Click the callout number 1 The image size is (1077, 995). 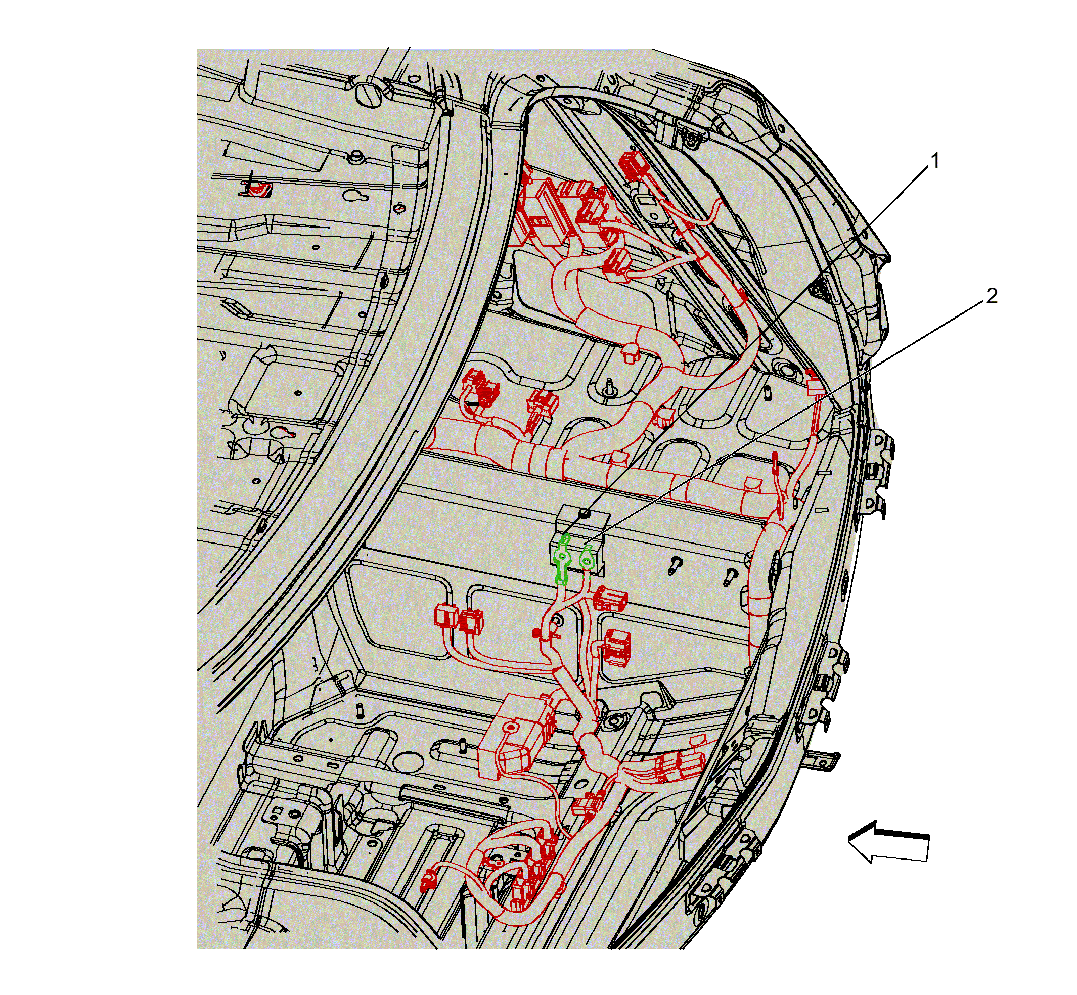[935, 161]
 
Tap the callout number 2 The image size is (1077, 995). [992, 296]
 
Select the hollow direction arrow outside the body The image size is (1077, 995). [888, 841]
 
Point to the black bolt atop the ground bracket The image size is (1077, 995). [586, 513]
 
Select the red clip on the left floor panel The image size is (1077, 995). [256, 189]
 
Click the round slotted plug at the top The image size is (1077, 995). [369, 95]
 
